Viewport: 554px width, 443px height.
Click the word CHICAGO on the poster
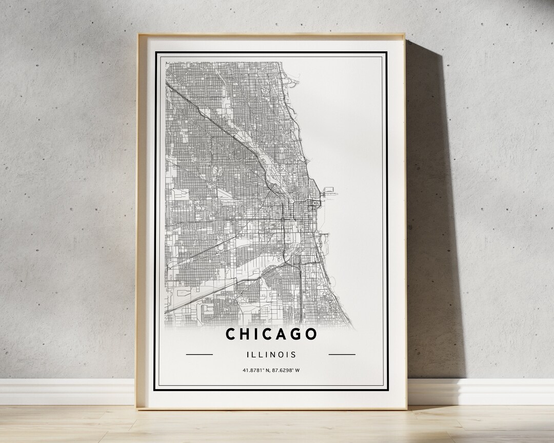(271, 334)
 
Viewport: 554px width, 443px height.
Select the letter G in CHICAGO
(295, 334)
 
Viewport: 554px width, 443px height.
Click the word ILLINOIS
(271, 354)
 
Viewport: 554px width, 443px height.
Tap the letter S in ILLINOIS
(293, 354)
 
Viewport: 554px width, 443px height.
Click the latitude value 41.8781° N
(256, 370)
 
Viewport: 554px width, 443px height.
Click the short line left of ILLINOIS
(199, 354)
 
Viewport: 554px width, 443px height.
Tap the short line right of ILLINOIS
(342, 354)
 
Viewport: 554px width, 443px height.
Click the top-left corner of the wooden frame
(138, 35)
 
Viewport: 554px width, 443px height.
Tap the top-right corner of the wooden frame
(405, 35)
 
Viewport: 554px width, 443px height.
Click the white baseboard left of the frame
(67, 392)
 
